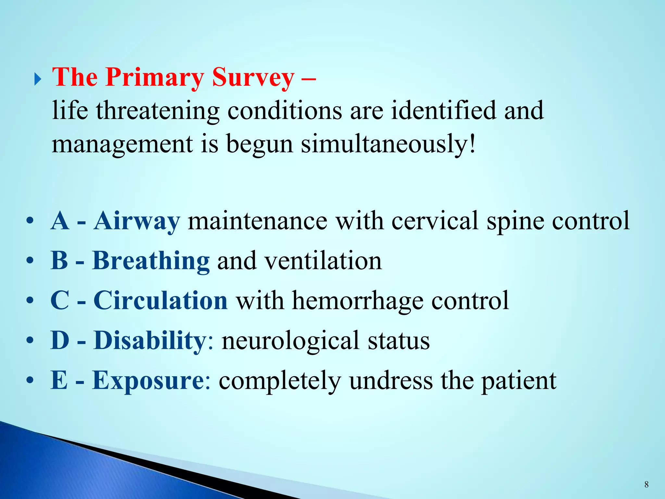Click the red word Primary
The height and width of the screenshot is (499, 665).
tap(155, 77)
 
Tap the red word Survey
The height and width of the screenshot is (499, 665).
tap(253, 77)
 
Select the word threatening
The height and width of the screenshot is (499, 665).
tap(157, 110)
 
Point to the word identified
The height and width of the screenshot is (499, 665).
tap(444, 110)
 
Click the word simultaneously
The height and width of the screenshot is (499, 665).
tap(388, 144)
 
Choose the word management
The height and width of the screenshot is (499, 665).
tap(122, 144)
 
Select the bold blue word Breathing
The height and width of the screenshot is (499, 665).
tap(151, 261)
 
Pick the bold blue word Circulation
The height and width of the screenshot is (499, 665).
tap(160, 301)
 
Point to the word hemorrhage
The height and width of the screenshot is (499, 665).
tap(358, 301)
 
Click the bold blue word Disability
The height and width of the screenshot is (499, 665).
tap(150, 340)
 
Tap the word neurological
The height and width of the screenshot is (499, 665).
tap(291, 340)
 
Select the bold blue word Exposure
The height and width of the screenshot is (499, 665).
tap(148, 380)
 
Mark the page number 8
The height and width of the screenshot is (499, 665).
tap(646, 485)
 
